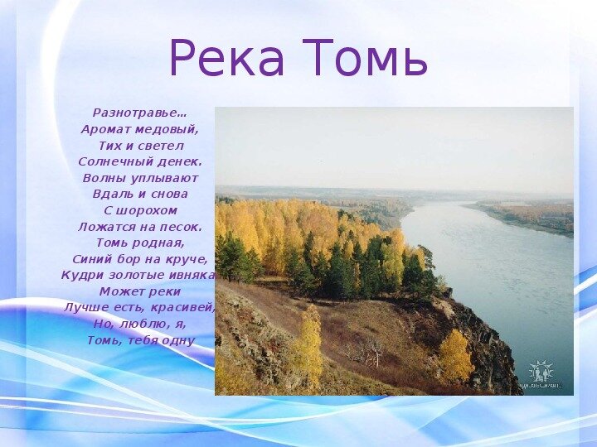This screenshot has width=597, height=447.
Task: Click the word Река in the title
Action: click(x=226, y=57)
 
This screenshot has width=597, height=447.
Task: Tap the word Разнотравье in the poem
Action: click(x=136, y=113)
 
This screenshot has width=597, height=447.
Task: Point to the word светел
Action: click(x=161, y=146)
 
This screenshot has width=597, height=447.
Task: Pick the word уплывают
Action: click(x=164, y=178)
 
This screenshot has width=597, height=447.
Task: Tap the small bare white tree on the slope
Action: click(x=375, y=351)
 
